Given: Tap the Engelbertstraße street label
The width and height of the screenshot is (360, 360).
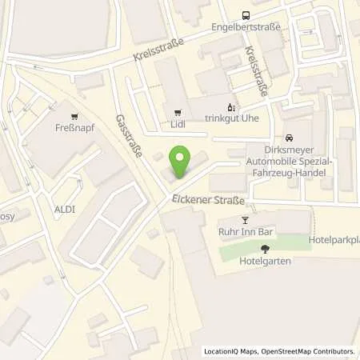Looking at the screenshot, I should tap(246, 26).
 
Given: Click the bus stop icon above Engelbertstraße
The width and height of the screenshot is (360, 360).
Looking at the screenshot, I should tap(246, 14).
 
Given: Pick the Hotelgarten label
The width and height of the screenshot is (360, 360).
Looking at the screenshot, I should tap(265, 261).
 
